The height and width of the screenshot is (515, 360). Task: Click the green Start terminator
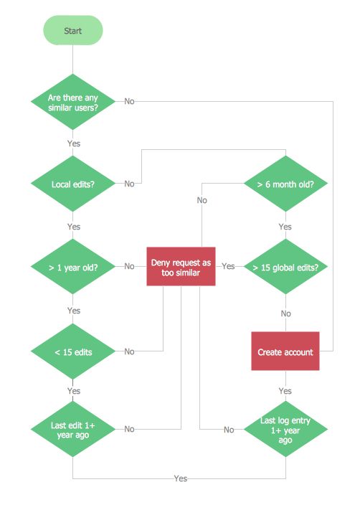click(x=73, y=31)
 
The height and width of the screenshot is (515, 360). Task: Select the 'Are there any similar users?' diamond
click(x=73, y=101)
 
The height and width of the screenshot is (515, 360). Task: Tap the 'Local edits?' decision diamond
click(x=73, y=184)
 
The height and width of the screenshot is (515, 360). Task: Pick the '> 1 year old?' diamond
click(x=73, y=267)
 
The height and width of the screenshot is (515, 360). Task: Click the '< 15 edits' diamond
click(x=73, y=351)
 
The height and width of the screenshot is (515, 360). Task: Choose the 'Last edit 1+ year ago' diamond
click(x=73, y=429)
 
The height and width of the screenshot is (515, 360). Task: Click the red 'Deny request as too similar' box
click(x=181, y=267)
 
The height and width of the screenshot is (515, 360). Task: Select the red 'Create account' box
click(x=285, y=351)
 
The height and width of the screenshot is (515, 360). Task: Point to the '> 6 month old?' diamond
click(x=285, y=184)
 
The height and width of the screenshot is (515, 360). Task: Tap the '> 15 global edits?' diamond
click(x=285, y=267)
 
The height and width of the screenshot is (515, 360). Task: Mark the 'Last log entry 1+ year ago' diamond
click(x=285, y=429)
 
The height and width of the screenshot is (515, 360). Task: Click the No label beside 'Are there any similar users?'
click(x=129, y=101)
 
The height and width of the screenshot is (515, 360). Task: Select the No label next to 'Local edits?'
click(x=129, y=184)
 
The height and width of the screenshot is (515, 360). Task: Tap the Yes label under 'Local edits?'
click(x=73, y=226)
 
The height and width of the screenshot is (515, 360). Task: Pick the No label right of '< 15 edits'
click(x=129, y=351)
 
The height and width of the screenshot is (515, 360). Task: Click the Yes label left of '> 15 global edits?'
click(x=228, y=267)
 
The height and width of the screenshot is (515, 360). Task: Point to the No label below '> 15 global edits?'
click(x=285, y=313)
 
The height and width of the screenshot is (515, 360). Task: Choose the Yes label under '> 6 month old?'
click(x=285, y=227)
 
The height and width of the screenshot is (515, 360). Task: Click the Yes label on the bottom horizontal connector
click(x=181, y=478)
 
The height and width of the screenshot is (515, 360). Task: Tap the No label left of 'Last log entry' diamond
click(x=229, y=430)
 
